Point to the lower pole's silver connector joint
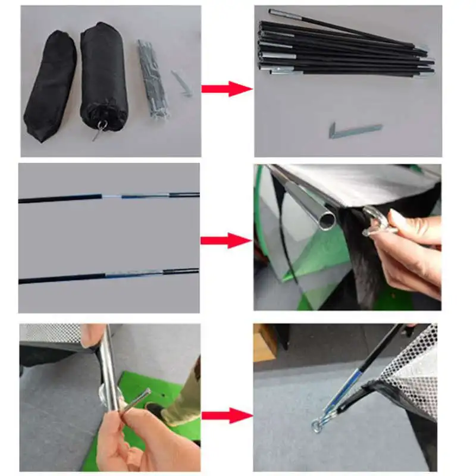pos(134,274)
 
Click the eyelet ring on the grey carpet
pos(317,425)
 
